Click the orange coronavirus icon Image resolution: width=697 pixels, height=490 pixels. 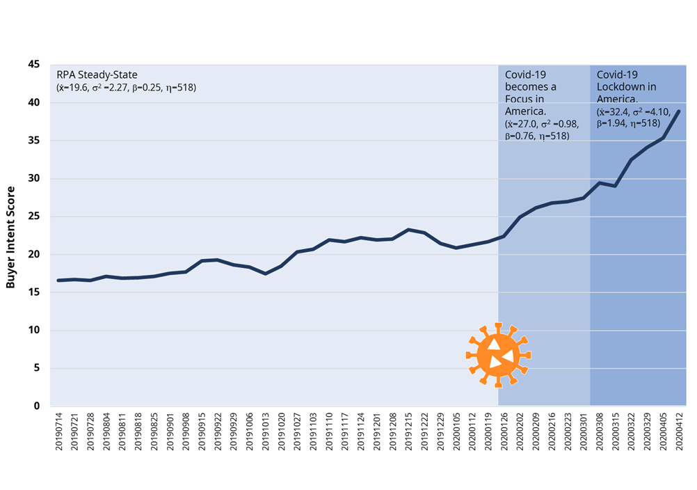[498, 355]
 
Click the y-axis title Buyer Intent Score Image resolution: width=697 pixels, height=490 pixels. [11, 236]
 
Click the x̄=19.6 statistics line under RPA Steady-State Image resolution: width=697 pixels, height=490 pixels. [126, 88]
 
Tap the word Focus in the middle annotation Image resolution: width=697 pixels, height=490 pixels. [520, 99]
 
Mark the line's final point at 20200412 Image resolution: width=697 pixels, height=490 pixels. [679, 111]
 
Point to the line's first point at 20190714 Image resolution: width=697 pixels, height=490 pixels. [58, 280]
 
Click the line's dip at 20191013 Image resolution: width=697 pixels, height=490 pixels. [266, 274]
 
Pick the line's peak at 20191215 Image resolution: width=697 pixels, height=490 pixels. [410, 230]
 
